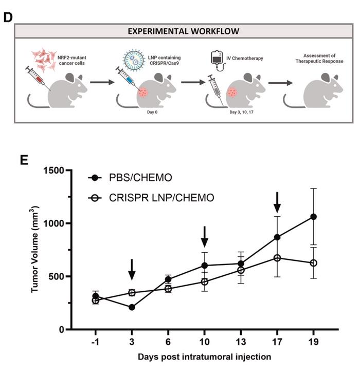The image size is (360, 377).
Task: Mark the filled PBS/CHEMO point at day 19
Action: tap(313, 217)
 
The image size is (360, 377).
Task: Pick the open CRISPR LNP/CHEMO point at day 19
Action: tap(313, 263)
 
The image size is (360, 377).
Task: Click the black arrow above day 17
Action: tap(277, 202)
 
